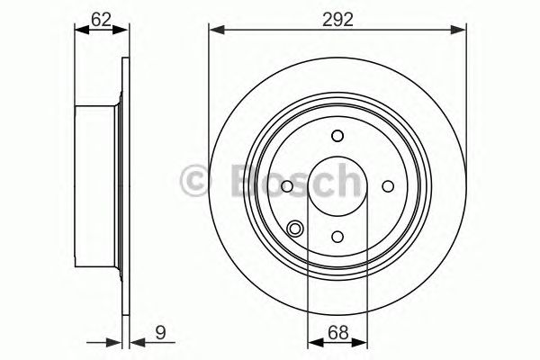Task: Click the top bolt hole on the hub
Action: click(337, 136)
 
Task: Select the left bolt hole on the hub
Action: click(286, 186)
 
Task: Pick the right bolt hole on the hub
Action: click(389, 186)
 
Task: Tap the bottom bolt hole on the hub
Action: click(337, 237)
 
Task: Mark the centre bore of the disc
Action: click(337, 186)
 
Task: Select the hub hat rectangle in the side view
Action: click(97, 186)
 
